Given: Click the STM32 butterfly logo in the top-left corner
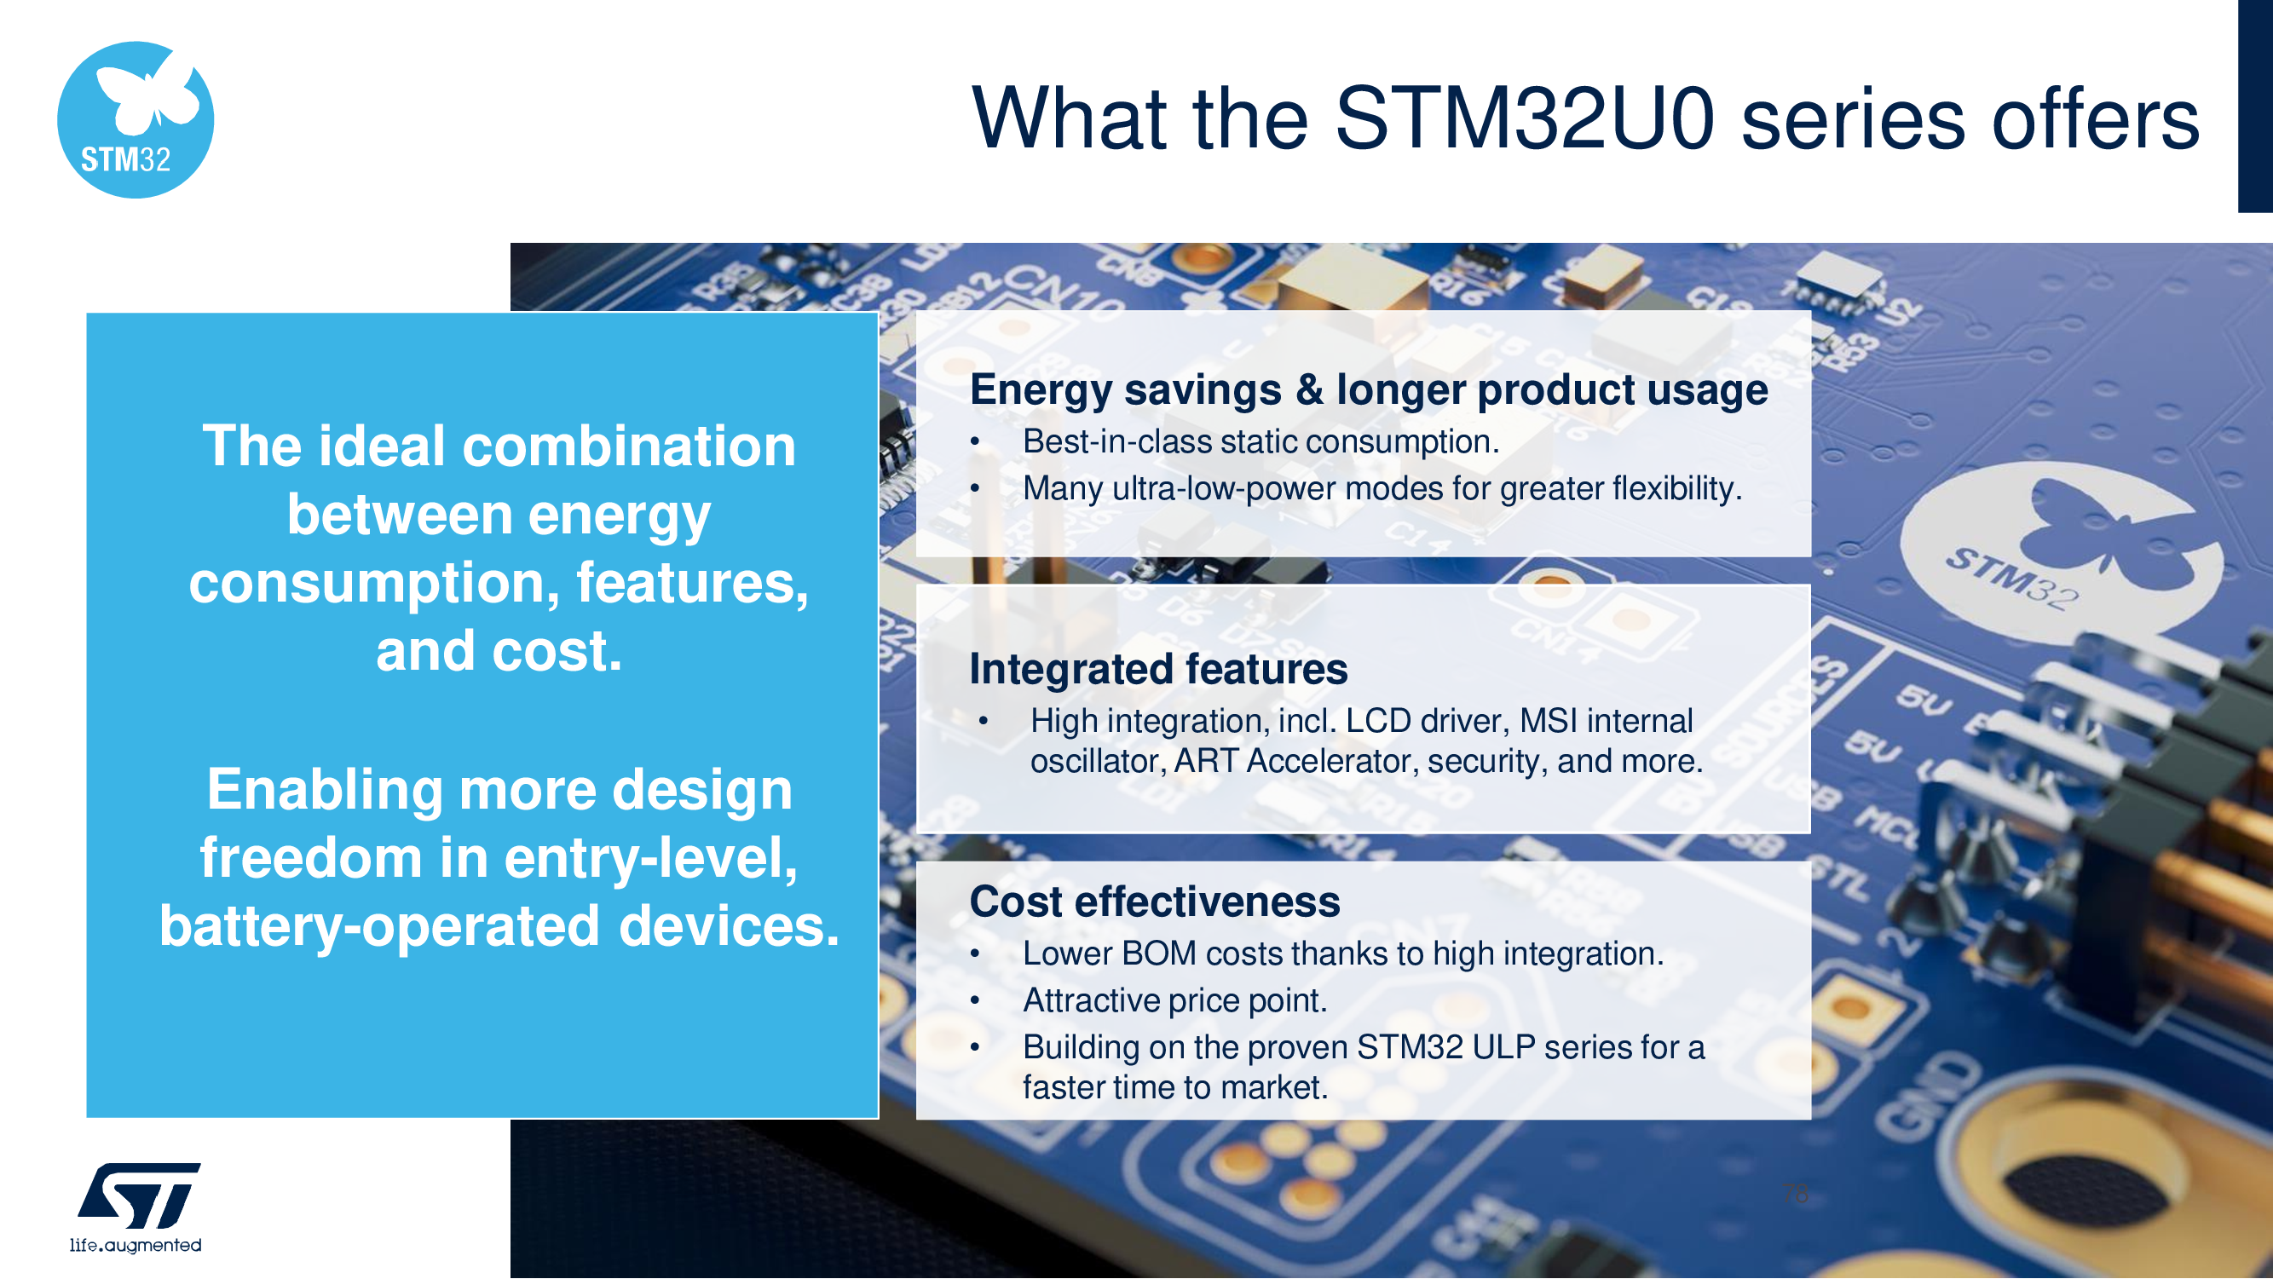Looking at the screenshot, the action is tap(135, 119).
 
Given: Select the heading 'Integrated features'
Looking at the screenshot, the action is tap(1158, 669).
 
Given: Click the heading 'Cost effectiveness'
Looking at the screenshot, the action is tap(1155, 902).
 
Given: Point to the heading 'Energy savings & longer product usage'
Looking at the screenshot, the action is tap(1369, 390).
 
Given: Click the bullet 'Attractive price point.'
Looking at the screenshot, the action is tap(1174, 1000).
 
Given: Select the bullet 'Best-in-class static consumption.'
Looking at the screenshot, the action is tap(1261, 441).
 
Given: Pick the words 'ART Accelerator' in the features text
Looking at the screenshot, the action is tap(1292, 760).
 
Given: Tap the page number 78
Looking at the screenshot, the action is tap(1795, 1194).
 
